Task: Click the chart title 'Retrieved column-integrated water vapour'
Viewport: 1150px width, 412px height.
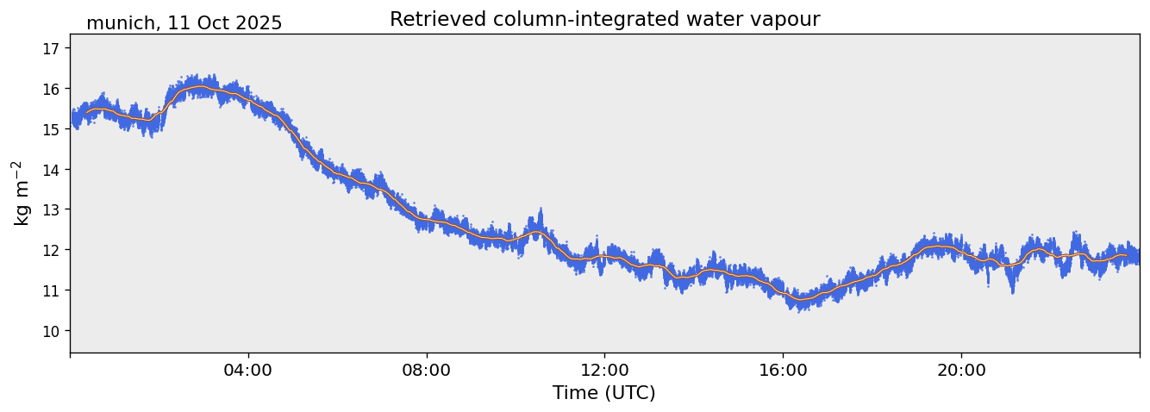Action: pyautogui.click(x=604, y=19)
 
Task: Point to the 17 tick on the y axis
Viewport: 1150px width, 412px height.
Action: pyautogui.click(x=50, y=48)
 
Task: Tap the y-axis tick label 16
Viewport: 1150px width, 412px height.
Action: pyautogui.click(x=50, y=89)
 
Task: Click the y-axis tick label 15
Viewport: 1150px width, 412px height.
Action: pyautogui.click(x=50, y=129)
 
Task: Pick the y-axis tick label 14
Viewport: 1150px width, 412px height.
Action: pyautogui.click(x=50, y=170)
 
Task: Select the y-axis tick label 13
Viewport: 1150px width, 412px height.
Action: pyautogui.click(x=50, y=209)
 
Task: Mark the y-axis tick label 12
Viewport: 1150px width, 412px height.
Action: pyautogui.click(x=50, y=250)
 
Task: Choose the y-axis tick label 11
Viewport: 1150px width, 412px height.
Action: pyautogui.click(x=50, y=290)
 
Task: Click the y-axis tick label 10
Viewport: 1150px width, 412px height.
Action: pyautogui.click(x=50, y=331)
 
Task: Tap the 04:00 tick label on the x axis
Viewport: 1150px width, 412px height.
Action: pyautogui.click(x=248, y=370)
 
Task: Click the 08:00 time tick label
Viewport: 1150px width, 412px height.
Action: pyautogui.click(x=427, y=370)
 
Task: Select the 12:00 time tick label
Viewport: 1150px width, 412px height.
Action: pyautogui.click(x=604, y=370)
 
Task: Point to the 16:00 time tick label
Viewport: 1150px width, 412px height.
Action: pyautogui.click(x=783, y=370)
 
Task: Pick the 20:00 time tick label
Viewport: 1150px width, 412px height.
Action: pyautogui.click(x=961, y=370)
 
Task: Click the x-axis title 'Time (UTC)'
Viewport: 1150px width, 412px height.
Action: pyautogui.click(x=604, y=393)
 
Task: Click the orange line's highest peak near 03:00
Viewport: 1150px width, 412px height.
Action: pyautogui.click(x=200, y=87)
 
